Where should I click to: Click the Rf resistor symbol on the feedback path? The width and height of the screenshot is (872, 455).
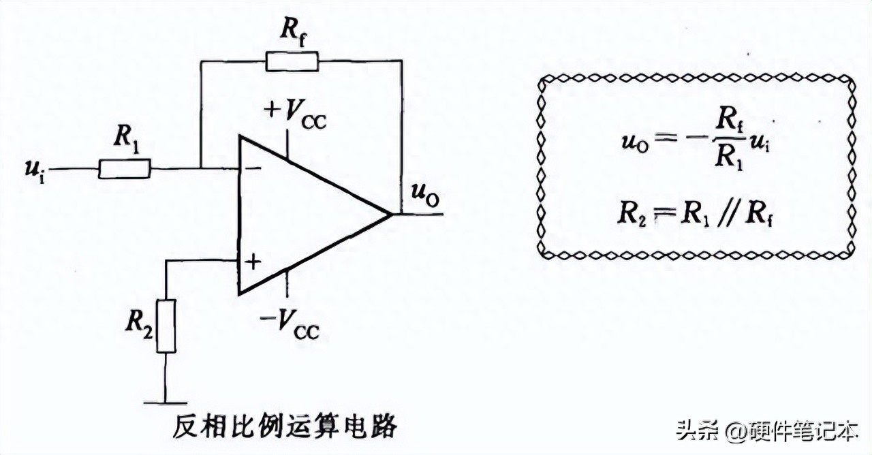point(292,61)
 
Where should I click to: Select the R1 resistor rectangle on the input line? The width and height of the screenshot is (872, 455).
point(124,169)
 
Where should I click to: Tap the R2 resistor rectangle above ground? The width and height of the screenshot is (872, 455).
point(166,326)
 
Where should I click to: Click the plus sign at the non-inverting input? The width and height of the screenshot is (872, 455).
point(252,262)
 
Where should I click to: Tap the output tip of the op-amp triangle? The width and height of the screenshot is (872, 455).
point(391,214)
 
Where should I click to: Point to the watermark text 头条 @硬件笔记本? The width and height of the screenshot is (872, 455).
point(766,430)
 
